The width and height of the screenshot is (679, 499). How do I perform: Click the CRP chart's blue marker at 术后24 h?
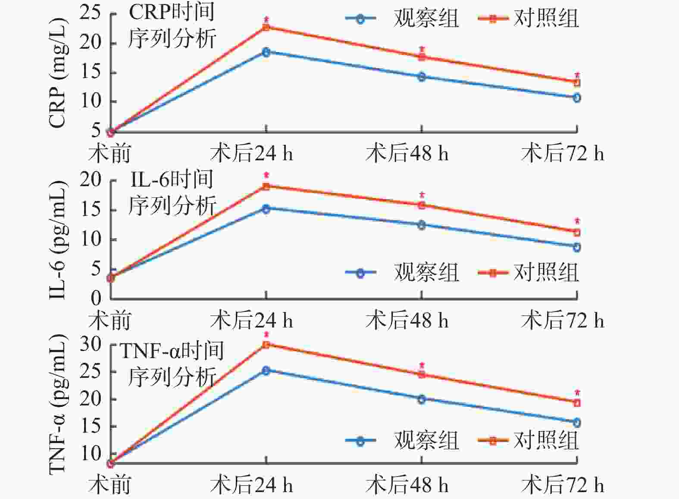[266, 52]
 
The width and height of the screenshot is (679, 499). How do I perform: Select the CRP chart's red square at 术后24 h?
[266, 28]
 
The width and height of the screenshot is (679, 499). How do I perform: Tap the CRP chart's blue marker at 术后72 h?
[577, 98]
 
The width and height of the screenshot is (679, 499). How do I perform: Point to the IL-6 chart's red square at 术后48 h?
[422, 205]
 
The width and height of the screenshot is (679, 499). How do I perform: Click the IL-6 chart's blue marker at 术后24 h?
[266, 209]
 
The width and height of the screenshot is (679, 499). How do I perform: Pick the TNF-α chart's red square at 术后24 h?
[266, 344]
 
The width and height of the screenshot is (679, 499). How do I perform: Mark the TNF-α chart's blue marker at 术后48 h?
[422, 399]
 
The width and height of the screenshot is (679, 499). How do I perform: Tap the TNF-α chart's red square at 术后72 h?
[577, 403]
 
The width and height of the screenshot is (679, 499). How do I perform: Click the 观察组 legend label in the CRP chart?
[426, 19]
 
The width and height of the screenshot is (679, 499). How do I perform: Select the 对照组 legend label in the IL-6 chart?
[546, 272]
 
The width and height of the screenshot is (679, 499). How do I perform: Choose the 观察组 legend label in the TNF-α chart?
[426, 440]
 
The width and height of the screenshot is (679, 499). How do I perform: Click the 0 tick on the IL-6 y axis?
[96, 298]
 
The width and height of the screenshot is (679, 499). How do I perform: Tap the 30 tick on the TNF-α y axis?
[91, 344]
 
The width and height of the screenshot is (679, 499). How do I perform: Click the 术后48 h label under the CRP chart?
[407, 153]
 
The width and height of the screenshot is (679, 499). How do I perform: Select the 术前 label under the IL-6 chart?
[110, 321]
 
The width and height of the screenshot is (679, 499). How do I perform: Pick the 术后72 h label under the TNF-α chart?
[562, 485]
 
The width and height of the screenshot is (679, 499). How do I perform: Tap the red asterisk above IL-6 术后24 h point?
[266, 175]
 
